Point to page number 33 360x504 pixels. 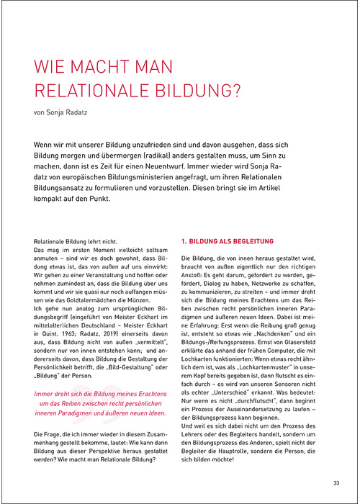[x=336, y=482]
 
